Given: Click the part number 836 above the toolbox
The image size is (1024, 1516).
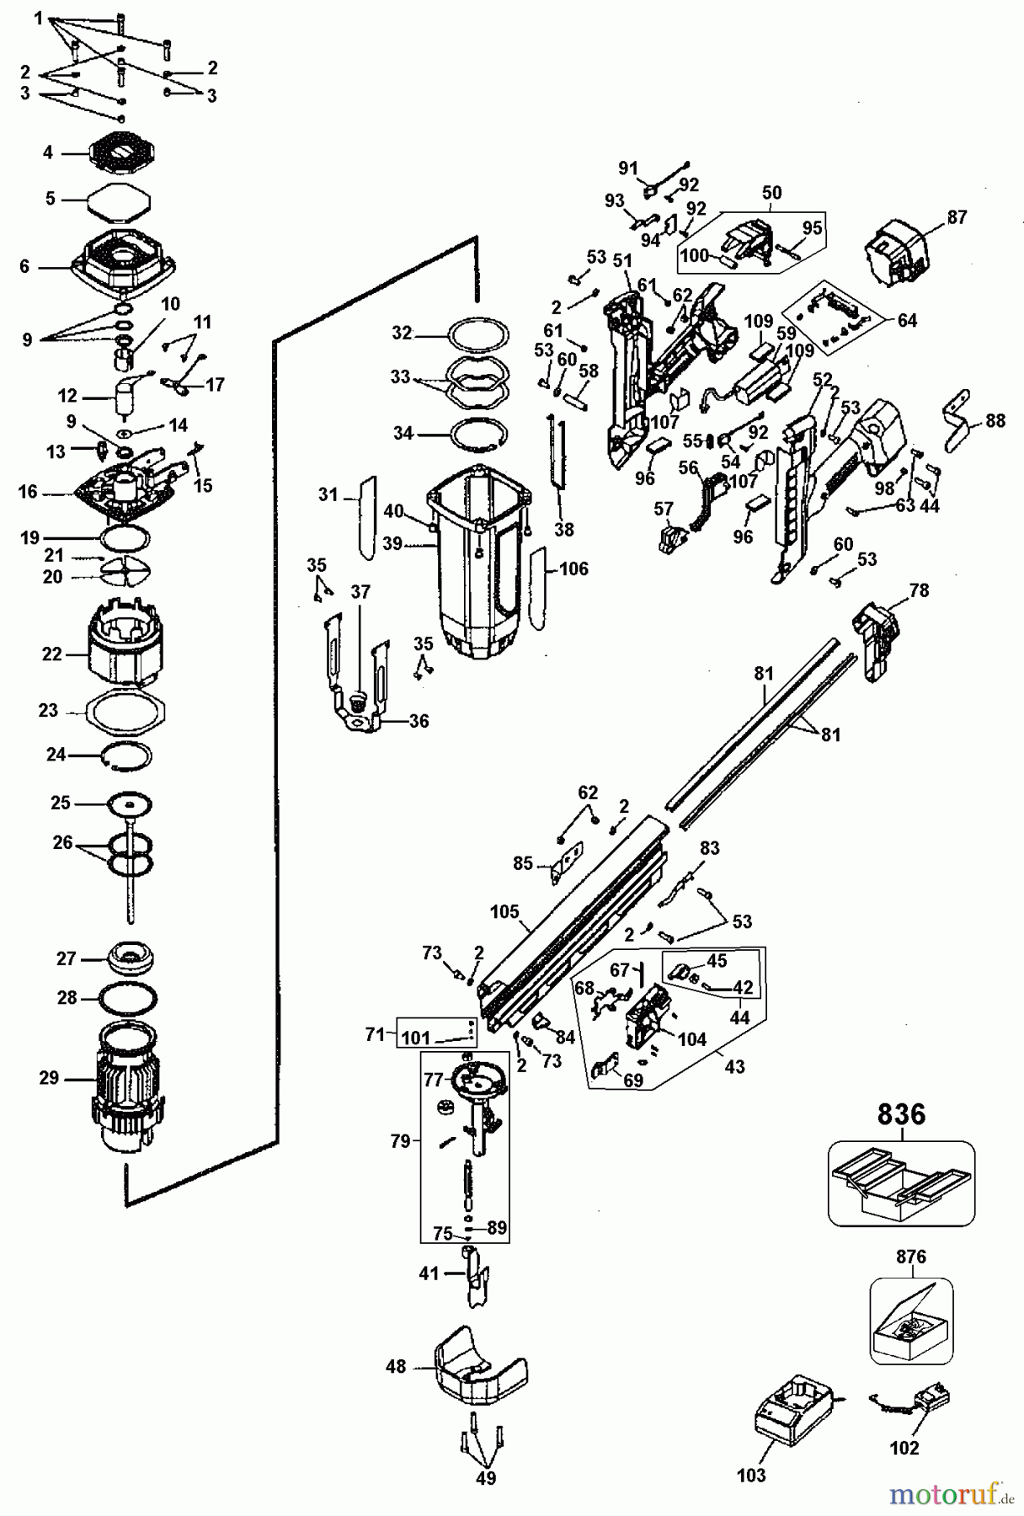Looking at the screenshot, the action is click(x=901, y=1114).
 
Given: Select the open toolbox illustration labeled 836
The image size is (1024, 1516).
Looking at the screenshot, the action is click(x=901, y=1183).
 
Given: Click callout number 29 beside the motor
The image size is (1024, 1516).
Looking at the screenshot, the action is click(x=49, y=1077).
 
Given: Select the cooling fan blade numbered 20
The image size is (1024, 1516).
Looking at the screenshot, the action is click(x=124, y=574).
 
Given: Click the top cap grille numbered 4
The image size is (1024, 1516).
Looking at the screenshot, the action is click(x=123, y=152).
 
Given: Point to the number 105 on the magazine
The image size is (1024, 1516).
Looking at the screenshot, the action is click(x=504, y=912).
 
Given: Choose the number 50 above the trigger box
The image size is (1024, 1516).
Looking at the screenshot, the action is click(x=772, y=193).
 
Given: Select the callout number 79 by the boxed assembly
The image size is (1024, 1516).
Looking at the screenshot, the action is click(x=401, y=1141).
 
